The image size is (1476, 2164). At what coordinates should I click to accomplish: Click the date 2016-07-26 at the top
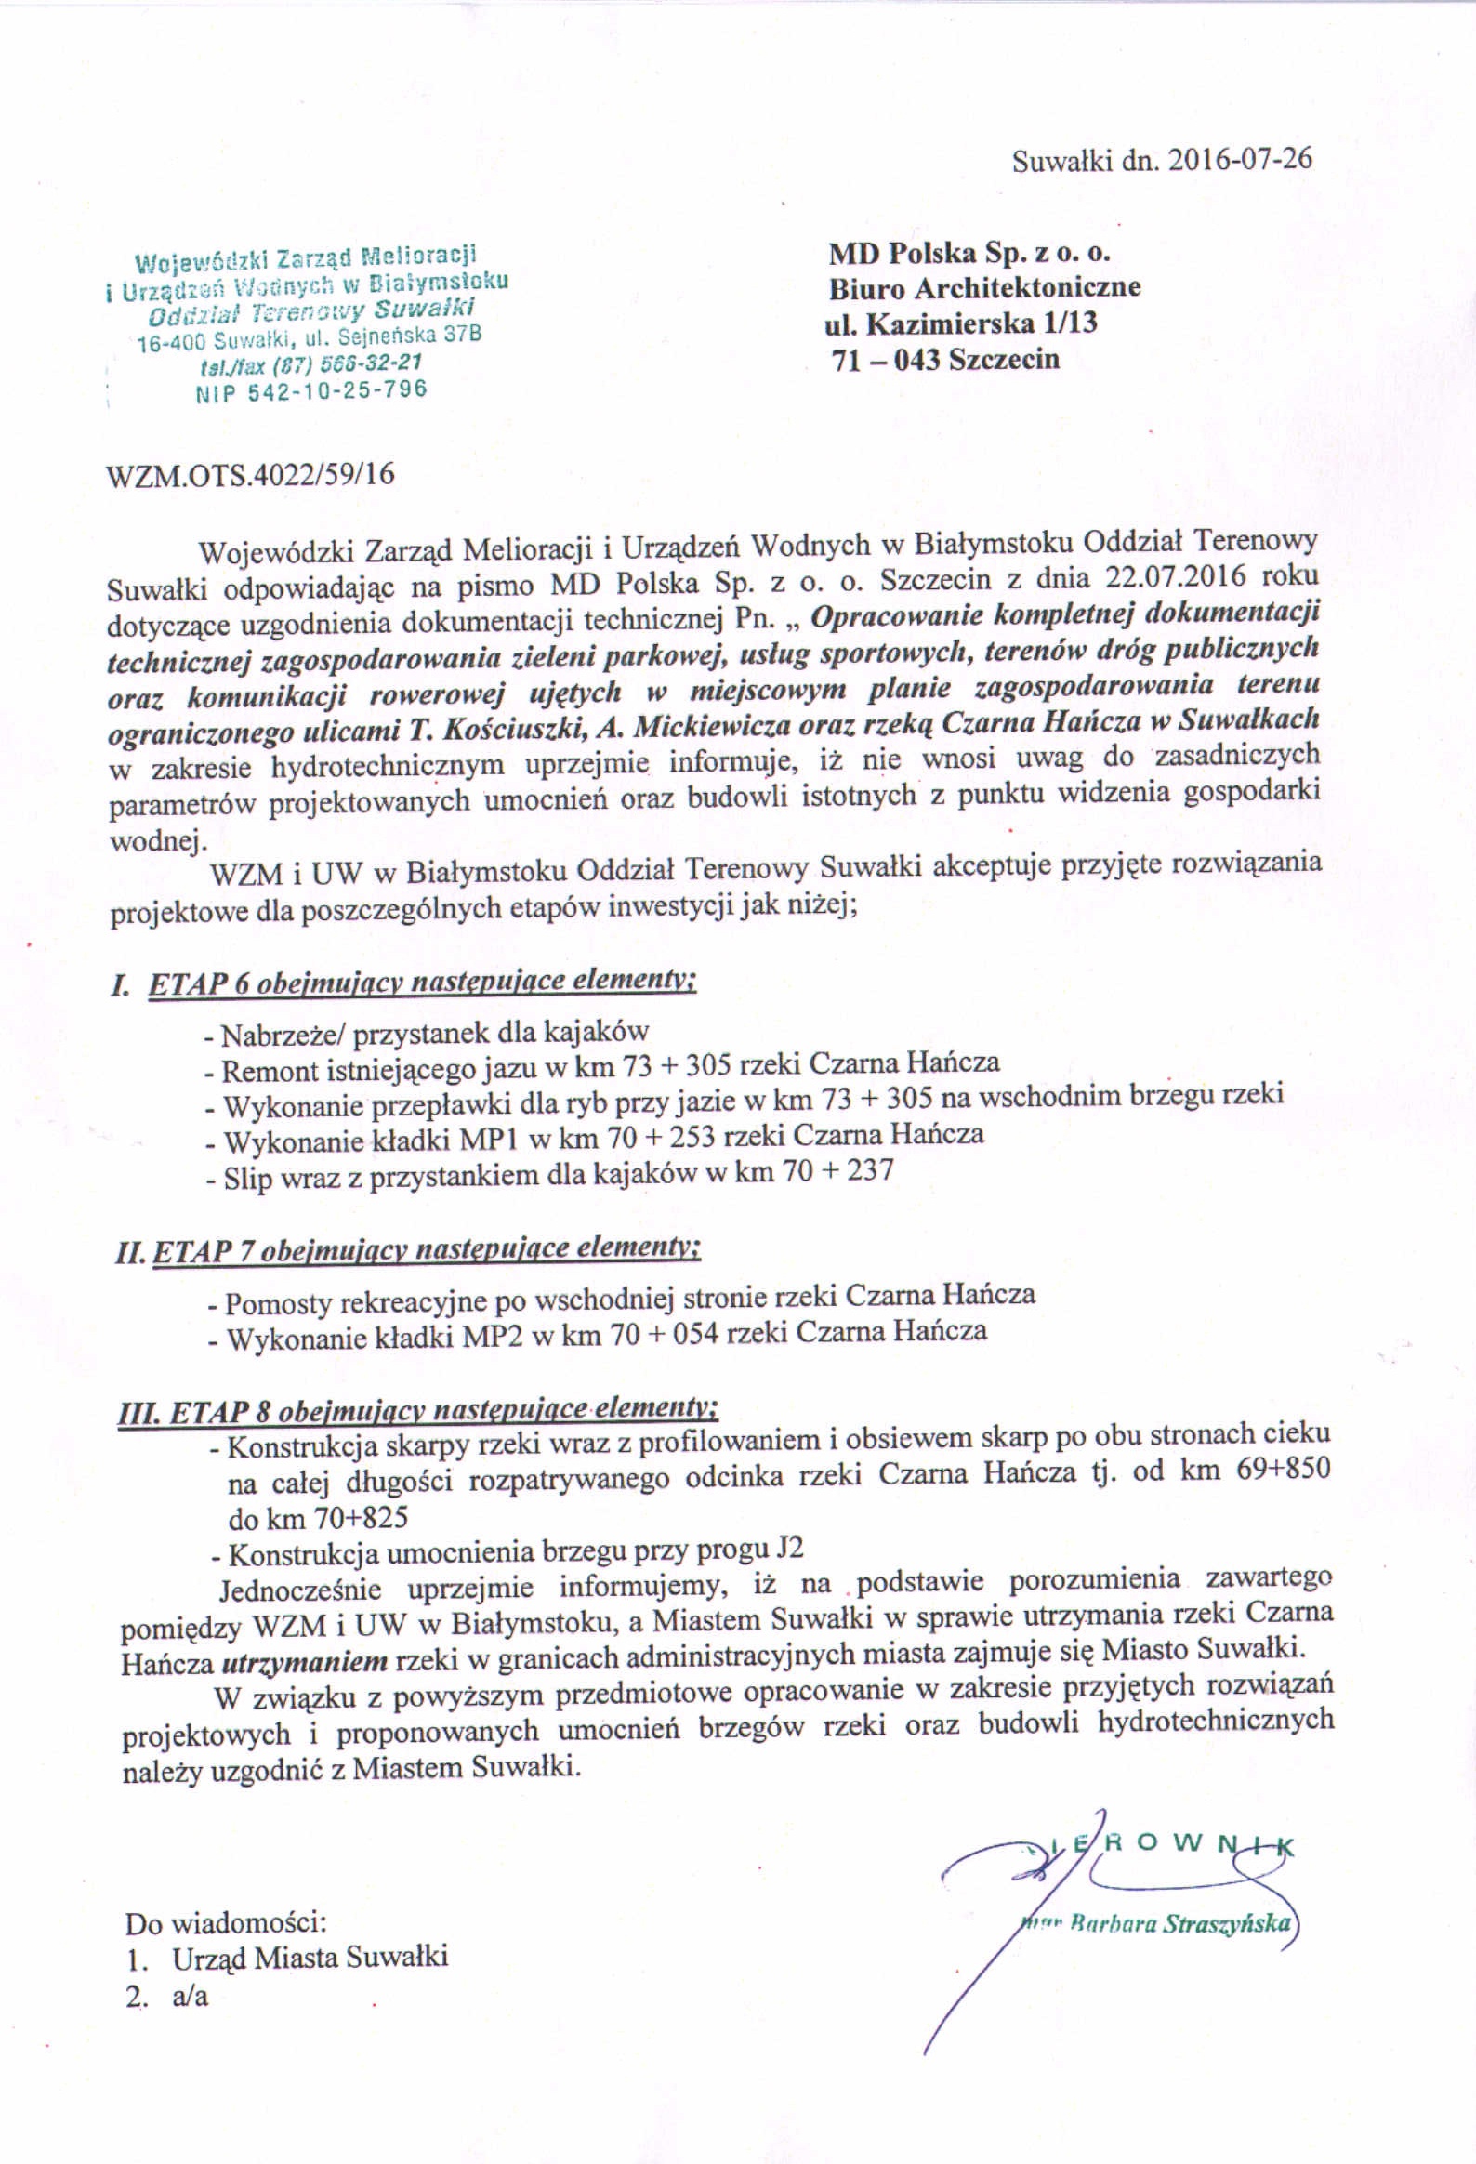click(x=1239, y=160)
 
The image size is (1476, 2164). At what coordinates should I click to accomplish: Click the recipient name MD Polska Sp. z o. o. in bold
click(x=969, y=253)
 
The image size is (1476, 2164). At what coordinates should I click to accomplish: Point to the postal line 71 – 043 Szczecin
click(x=945, y=360)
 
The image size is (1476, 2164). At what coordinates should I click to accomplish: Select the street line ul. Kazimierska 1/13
click(x=961, y=324)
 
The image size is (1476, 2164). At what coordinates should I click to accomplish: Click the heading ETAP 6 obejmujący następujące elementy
click(x=421, y=983)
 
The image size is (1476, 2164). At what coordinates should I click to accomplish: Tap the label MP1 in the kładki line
click(x=555, y=1138)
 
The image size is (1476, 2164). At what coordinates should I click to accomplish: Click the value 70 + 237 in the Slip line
click(x=838, y=1170)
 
